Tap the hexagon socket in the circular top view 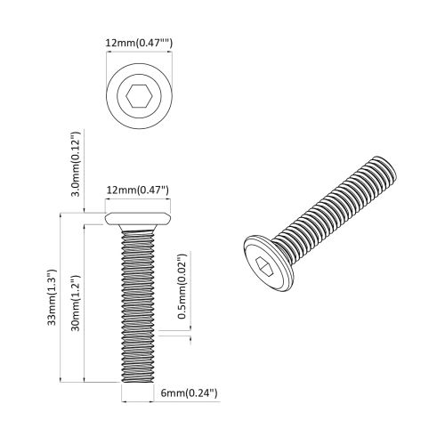pyautogui.click(x=138, y=96)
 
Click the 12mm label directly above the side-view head pyautogui.click(x=138, y=190)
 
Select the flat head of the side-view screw pyautogui.click(x=139, y=218)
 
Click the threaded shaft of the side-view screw pyautogui.click(x=139, y=303)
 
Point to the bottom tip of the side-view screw pyautogui.click(x=139, y=378)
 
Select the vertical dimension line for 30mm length pyautogui.click(x=86, y=303)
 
